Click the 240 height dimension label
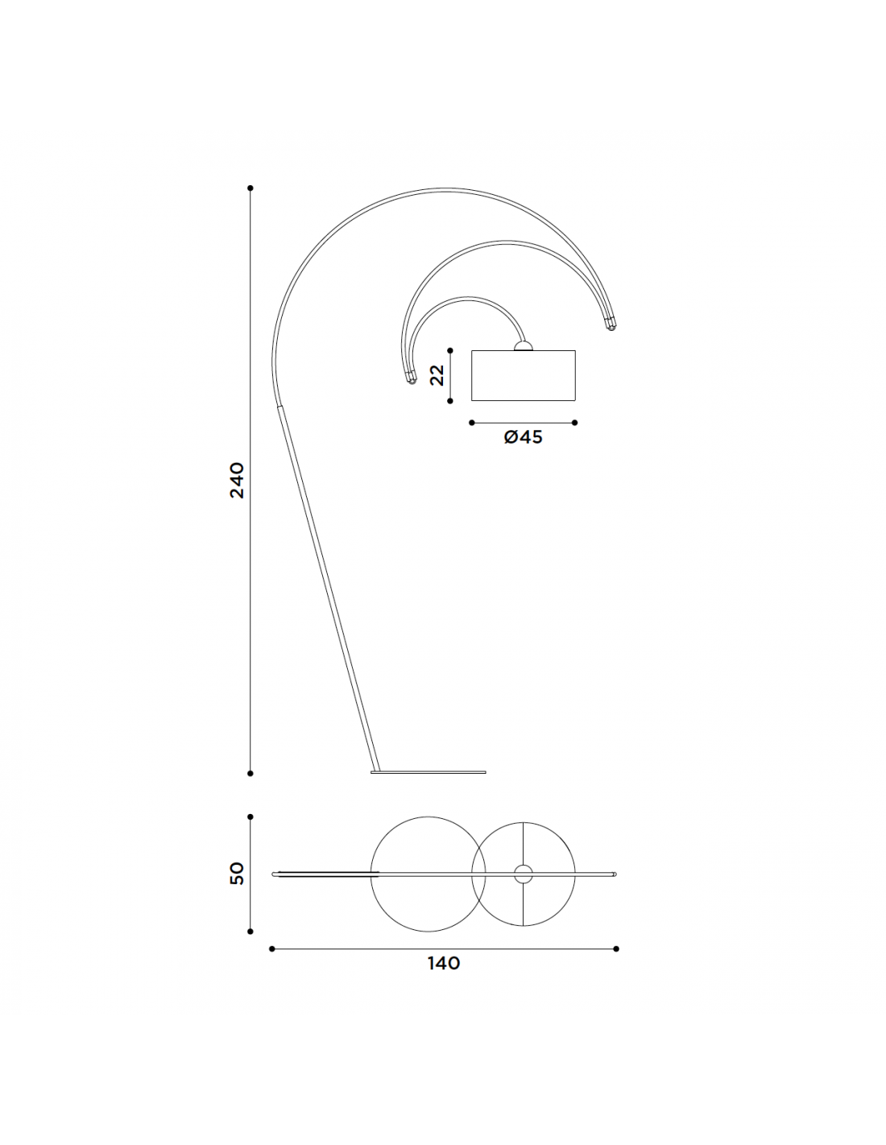click(x=237, y=480)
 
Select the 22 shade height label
click(x=437, y=375)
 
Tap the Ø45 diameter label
click(x=523, y=436)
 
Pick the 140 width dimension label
click(x=444, y=963)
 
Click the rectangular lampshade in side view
click(x=523, y=375)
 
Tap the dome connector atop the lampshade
click(x=524, y=345)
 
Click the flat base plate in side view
click(x=428, y=772)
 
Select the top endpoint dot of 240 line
click(x=250, y=188)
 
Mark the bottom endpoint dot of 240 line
click(x=250, y=774)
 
